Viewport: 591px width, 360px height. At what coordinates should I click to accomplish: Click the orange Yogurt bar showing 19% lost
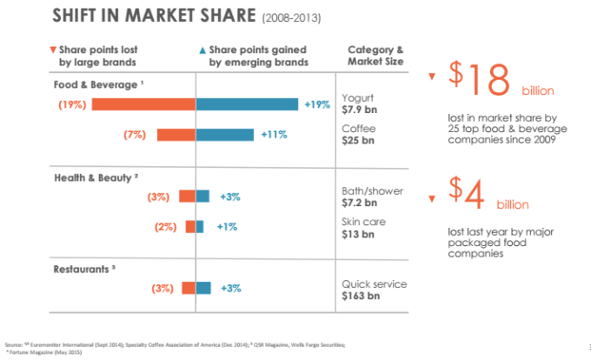click(x=143, y=104)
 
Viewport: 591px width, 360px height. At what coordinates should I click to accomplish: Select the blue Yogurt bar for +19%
click(x=248, y=104)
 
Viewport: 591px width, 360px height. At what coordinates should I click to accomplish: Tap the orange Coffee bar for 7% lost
click(x=176, y=134)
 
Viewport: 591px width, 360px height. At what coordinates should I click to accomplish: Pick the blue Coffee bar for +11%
click(x=225, y=134)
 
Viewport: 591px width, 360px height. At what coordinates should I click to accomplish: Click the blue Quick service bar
click(x=204, y=288)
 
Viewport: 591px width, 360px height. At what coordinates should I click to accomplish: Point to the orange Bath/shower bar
click(x=187, y=197)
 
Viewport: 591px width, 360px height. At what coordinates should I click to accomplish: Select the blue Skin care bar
click(x=200, y=226)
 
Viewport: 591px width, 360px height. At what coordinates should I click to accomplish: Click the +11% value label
click(x=274, y=135)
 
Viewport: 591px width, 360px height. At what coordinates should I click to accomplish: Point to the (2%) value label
click(x=165, y=226)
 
